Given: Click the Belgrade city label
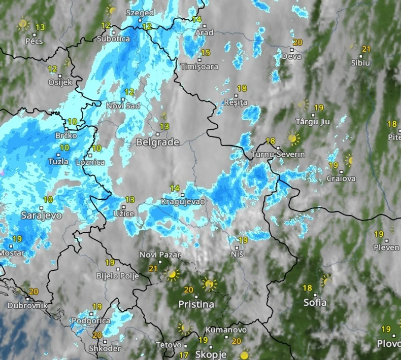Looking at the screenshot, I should point(157,142).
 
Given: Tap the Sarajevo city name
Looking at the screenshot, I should point(41,215).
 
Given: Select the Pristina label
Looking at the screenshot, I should point(196,304).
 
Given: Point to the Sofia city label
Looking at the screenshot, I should point(315,303).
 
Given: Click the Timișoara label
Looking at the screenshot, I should point(199,67).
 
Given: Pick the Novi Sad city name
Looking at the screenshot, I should point(123,106).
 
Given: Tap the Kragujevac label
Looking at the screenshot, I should point(182,202).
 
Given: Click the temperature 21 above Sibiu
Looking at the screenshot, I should point(366,49).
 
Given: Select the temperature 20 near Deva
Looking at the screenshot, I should point(297,43).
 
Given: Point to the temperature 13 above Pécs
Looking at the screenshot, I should point(40,27).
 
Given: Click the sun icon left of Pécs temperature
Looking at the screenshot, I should point(23,23).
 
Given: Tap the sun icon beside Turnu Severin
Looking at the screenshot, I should point(293,137).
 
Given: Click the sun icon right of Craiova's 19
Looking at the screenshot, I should point(349,160).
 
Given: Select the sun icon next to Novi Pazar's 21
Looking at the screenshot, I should point(173,274).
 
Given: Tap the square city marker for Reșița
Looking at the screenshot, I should point(235,95).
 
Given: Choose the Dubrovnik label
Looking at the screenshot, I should point(27,305).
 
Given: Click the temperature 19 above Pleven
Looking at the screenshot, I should point(379,234).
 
